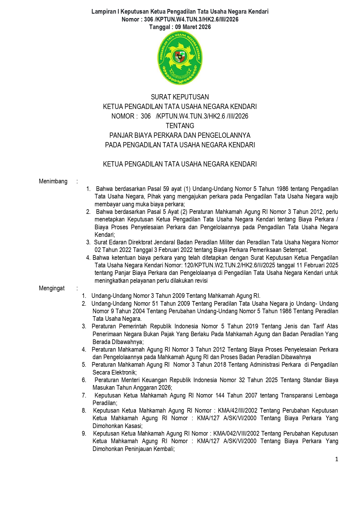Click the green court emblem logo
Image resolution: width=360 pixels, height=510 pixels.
tap(180, 58)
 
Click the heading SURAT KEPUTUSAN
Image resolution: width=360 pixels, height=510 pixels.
tap(180, 97)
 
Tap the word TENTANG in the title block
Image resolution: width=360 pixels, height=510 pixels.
tap(180, 126)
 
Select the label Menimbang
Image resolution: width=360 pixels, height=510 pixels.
tap(53, 181)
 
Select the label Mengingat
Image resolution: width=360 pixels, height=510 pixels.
tap(52, 288)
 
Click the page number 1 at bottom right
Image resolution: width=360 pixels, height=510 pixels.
tap(336, 459)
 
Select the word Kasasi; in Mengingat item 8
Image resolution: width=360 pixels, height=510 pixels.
tap(133, 426)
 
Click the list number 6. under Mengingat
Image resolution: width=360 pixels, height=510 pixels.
tap(84, 380)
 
